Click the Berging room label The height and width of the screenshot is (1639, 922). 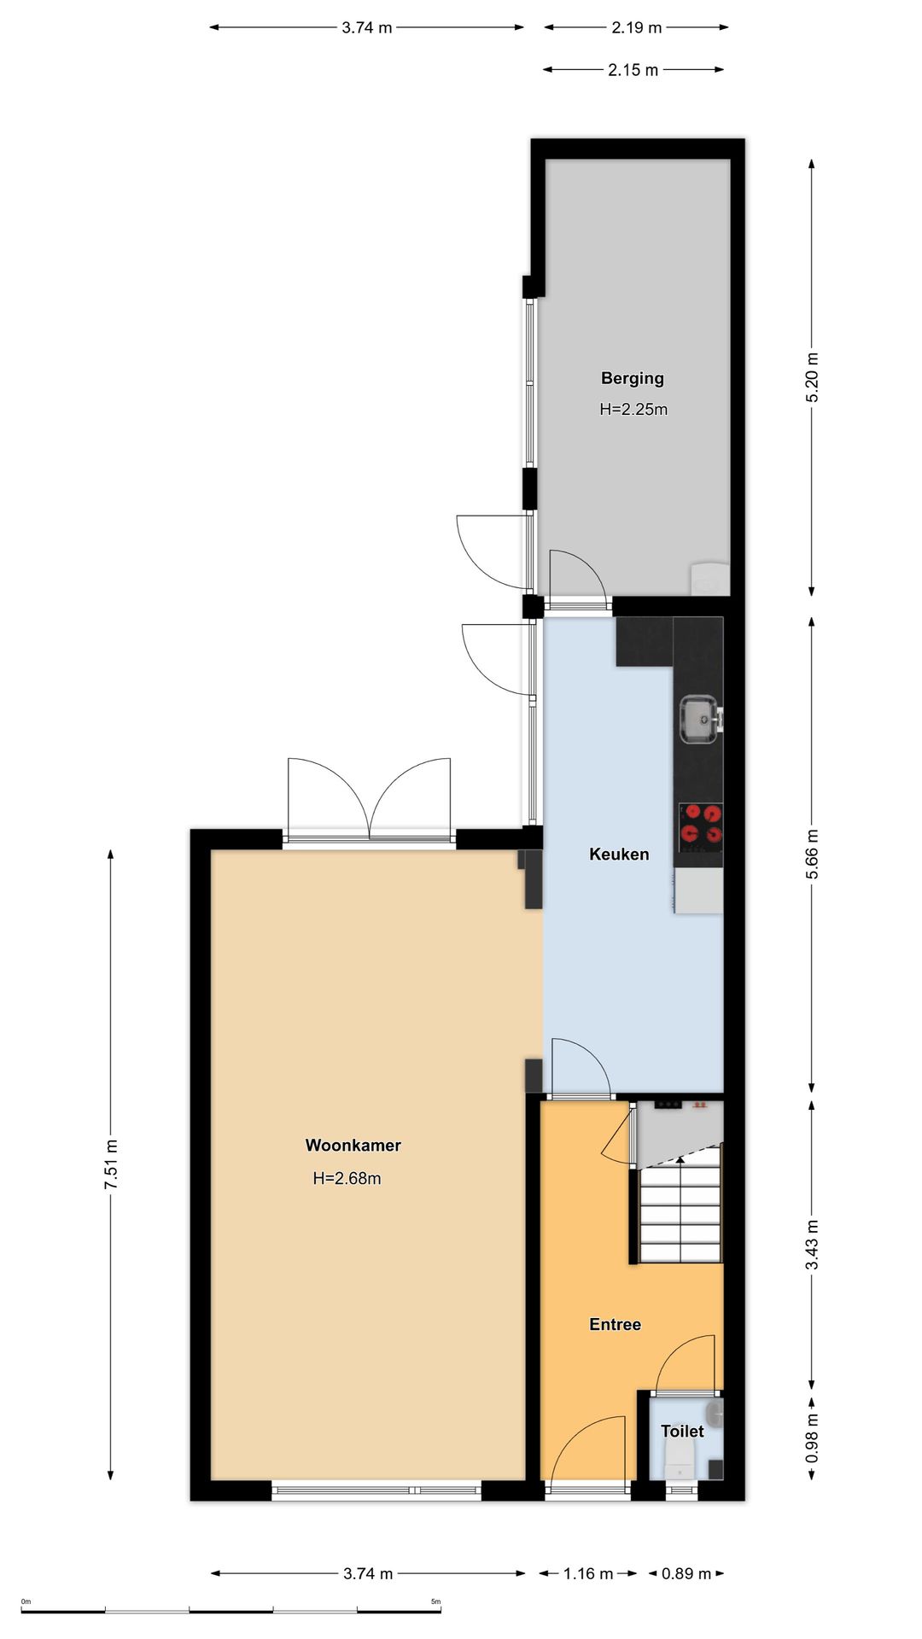(632, 378)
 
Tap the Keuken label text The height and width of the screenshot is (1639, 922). (619, 854)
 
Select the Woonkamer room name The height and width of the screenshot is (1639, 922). (353, 1146)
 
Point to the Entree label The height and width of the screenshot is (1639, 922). (615, 1324)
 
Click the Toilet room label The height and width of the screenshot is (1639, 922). (682, 1431)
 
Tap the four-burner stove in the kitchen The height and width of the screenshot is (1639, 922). (700, 827)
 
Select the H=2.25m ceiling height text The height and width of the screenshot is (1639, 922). (633, 410)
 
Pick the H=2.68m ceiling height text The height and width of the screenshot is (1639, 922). (347, 1179)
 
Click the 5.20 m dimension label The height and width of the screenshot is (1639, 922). (812, 377)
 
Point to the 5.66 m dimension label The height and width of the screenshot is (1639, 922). (812, 854)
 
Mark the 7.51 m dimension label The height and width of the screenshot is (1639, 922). (111, 1164)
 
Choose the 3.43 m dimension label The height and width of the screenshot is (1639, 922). (812, 1245)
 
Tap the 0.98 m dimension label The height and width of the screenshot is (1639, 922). (812, 1438)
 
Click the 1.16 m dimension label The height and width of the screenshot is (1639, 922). (588, 1573)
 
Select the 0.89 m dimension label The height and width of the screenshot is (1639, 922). (686, 1573)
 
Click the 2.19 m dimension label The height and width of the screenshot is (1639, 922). (637, 27)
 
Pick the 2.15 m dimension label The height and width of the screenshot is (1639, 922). (633, 70)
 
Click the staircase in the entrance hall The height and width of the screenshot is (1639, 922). (680, 1205)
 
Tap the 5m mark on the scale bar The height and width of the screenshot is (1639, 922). (435, 1601)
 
